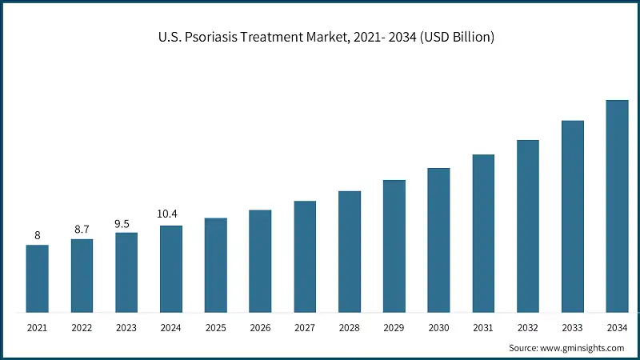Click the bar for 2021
click(37, 278)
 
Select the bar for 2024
click(171, 269)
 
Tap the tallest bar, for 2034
click(617, 206)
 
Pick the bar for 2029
click(394, 246)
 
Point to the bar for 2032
click(527, 226)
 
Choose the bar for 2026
click(260, 261)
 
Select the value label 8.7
click(82, 229)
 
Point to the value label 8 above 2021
click(37, 234)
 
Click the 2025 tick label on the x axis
click(215, 328)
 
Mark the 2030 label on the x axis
click(438, 328)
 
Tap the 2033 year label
click(572, 328)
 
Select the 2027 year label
click(305, 328)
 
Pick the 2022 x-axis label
click(82, 328)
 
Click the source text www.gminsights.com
click(582, 348)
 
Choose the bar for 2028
click(349, 252)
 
